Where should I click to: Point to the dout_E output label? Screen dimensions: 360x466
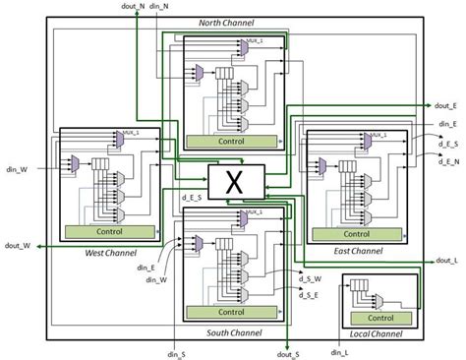click(x=448, y=104)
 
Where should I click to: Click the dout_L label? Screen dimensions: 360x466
click(x=447, y=261)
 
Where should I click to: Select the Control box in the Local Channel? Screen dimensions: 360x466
click(x=379, y=318)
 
